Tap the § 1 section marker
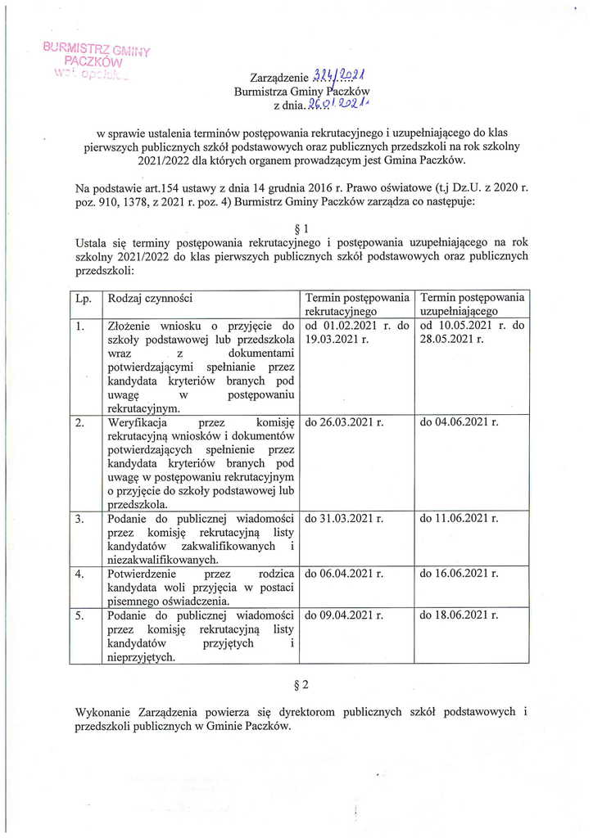coord(298,228)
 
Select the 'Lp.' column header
coord(83,300)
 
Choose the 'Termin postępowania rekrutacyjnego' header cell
coord(356,304)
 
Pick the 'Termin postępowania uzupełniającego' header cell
coord(472,304)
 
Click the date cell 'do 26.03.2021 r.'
coord(344,423)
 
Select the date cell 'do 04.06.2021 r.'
coord(459,423)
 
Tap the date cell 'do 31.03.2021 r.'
coord(344,518)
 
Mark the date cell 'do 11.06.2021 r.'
coord(459,518)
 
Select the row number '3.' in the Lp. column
coord(79,518)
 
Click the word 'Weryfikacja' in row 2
coord(138,423)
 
